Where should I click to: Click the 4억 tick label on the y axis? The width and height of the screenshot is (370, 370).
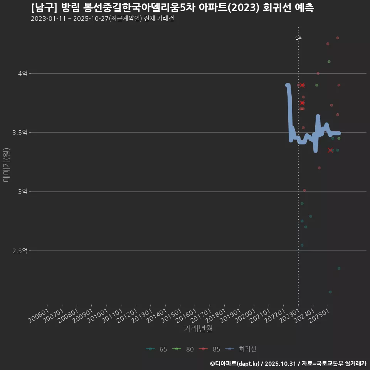(22, 73)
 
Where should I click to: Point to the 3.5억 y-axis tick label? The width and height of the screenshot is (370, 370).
(20, 132)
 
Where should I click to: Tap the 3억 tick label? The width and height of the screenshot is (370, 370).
(22, 192)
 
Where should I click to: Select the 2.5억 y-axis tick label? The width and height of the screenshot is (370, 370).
(20, 251)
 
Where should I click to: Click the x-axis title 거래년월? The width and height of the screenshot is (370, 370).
(198, 328)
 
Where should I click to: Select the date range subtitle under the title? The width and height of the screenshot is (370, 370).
(103, 19)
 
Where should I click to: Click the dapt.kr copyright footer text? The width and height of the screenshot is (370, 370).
(288, 363)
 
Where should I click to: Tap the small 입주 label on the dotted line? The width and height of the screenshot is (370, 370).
(298, 38)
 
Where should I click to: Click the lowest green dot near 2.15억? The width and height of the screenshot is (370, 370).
(330, 292)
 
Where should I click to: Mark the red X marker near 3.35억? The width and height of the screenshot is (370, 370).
(330, 150)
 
